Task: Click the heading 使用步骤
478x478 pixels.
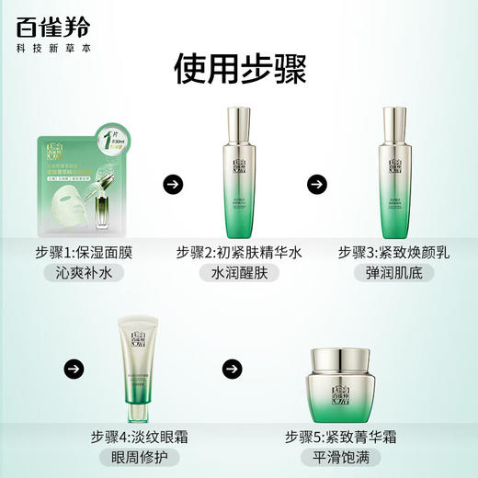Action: pyautogui.click(x=239, y=69)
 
